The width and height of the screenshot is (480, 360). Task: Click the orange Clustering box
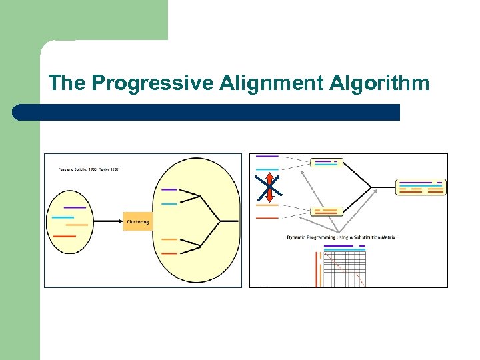click(x=137, y=221)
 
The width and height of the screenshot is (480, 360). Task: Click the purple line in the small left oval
click(x=75, y=207)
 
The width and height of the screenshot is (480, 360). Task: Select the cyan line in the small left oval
click(x=63, y=217)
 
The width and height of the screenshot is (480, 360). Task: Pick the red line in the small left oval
click(x=65, y=236)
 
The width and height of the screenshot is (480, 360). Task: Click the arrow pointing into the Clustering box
click(x=107, y=221)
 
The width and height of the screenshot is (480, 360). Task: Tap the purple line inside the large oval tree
click(x=169, y=190)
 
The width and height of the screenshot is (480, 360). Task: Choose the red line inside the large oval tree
click(x=169, y=253)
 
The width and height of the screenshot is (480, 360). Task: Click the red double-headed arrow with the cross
click(x=269, y=188)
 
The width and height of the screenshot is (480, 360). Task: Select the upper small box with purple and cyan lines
click(x=326, y=163)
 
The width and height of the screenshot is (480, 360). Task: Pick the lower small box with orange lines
click(x=326, y=211)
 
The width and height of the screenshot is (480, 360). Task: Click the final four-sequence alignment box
click(x=420, y=187)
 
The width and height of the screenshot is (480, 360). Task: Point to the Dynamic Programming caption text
click(x=341, y=237)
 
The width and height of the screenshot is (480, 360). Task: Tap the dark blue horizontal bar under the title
click(x=207, y=112)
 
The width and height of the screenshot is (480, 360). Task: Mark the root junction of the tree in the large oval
click(x=221, y=221)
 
